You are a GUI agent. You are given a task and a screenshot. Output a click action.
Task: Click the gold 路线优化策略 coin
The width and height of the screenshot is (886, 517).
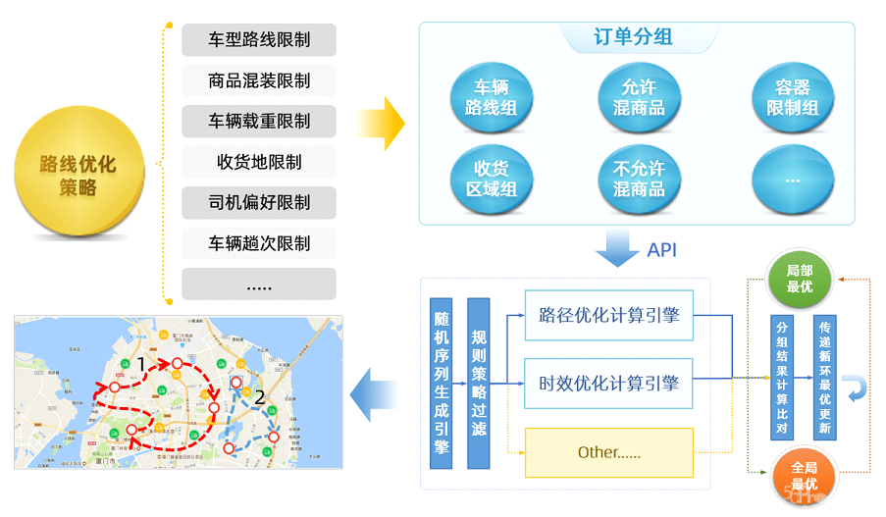point(78,175)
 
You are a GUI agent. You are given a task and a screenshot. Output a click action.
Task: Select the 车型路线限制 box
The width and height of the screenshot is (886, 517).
point(259,40)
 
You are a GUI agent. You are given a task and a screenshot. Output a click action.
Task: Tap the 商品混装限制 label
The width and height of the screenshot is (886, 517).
point(259,80)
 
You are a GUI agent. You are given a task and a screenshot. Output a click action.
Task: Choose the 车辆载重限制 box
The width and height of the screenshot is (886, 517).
point(259,122)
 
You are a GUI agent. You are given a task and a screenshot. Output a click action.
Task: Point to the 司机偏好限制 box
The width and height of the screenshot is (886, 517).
point(259,203)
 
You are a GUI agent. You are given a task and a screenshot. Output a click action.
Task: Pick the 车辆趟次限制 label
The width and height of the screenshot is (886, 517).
point(259,243)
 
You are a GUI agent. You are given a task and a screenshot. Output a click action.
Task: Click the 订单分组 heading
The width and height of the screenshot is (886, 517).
point(633,38)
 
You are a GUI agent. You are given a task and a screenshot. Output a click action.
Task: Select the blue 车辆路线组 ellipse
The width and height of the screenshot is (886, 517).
point(491,97)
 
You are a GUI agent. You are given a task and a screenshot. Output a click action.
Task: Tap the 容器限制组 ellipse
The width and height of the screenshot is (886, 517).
point(792,97)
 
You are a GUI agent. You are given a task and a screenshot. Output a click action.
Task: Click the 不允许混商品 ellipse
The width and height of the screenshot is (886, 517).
point(639,179)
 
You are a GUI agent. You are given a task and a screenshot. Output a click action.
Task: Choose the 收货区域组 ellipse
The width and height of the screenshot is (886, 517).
point(491,179)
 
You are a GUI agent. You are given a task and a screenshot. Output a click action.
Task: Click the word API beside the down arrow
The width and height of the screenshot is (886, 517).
point(661,250)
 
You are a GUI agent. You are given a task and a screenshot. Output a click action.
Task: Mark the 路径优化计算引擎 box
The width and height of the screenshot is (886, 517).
point(608,316)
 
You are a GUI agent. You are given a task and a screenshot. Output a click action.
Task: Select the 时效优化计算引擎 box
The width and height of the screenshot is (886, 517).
point(608,384)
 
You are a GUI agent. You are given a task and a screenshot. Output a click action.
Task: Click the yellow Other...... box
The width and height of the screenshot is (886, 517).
point(608,452)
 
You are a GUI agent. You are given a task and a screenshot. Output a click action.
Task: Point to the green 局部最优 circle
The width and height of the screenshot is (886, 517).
point(801,278)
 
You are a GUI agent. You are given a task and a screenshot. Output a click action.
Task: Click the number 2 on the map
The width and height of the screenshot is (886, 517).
point(260,398)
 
